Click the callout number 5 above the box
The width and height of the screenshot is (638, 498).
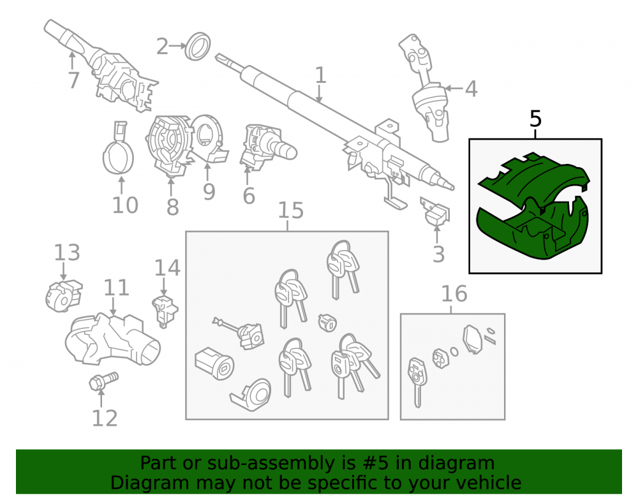536,119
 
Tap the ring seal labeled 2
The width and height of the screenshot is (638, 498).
198,47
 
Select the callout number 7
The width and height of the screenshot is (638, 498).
73,80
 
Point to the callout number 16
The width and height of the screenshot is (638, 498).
454,294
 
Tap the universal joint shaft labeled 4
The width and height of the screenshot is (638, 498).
426,88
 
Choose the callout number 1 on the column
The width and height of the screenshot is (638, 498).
321,75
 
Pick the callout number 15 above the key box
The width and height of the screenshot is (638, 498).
291,210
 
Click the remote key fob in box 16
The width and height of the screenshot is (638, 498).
416,381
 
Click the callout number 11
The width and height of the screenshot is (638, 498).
116,288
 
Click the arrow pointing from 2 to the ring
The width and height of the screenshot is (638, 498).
177,46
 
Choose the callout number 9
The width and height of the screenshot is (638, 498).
209,191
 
